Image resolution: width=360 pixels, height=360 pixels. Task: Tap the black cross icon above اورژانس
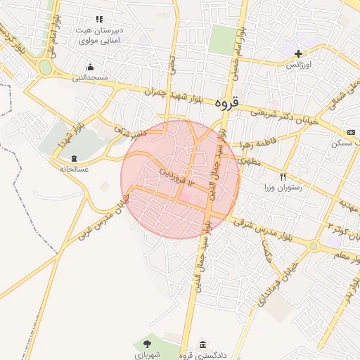tap(299, 53)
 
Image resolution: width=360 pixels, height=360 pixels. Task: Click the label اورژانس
tap(298, 65)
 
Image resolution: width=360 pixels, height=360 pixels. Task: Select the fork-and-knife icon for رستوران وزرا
tap(283, 177)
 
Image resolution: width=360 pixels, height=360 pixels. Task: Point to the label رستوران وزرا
tap(283, 188)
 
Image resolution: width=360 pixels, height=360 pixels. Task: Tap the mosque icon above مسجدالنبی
tap(89, 68)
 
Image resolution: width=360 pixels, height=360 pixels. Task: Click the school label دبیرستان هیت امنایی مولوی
tap(100, 36)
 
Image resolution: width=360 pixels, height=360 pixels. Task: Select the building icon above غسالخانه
tap(75, 159)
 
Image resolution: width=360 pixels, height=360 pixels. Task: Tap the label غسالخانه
tap(75, 169)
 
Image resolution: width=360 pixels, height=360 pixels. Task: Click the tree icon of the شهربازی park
tap(147, 344)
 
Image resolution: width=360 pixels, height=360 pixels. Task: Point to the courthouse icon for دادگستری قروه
tap(202, 344)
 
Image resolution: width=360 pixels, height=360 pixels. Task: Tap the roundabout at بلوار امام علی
tap(46, 68)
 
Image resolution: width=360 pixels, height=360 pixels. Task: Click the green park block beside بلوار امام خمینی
tap(222, 39)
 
